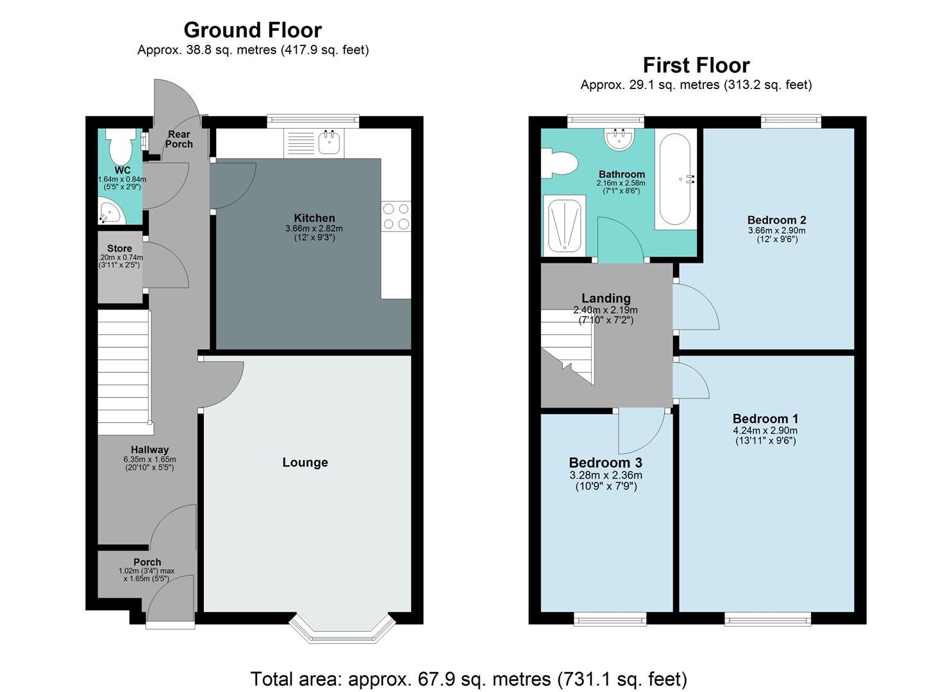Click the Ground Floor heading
tap(253, 30)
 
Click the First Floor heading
tap(696, 65)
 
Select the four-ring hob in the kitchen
tap(396, 216)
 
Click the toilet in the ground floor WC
tap(120, 147)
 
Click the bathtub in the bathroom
tap(674, 179)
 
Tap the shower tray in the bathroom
tap(564, 226)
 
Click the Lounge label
tap(305, 463)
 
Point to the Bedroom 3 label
tap(605, 463)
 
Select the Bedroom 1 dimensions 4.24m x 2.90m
tap(765, 431)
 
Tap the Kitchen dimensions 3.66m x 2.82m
tap(314, 229)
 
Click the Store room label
tap(119, 249)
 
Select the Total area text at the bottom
tap(469, 679)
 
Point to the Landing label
tap(606, 298)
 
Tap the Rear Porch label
tap(179, 139)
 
